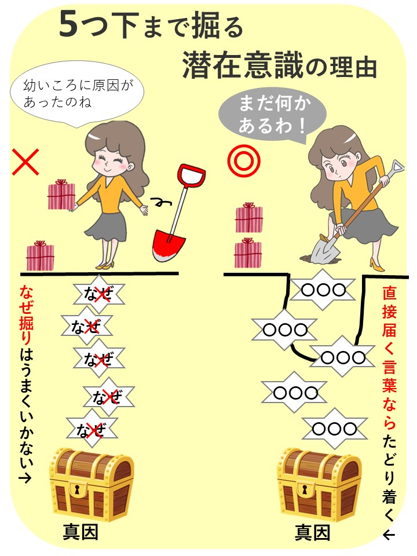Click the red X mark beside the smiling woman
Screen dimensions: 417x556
point(25,162)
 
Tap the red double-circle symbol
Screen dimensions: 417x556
point(244,161)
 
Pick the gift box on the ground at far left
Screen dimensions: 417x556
point(40,255)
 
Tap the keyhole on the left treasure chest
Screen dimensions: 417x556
point(77,490)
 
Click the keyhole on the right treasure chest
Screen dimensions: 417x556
point(304,490)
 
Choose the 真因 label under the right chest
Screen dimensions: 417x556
point(312,532)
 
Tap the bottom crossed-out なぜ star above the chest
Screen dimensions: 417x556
point(92,429)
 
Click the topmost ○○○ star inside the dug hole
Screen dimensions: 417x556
point(323,290)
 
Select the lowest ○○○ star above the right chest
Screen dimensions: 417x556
point(334,429)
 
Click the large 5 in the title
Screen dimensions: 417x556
point(68,25)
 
